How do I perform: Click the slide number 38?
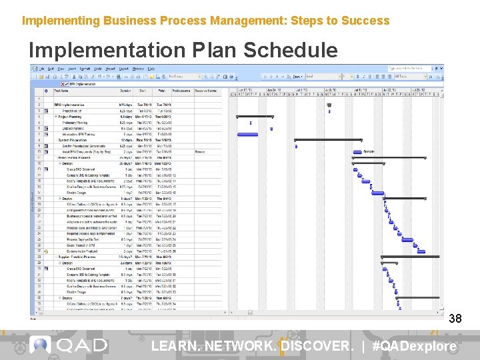(x=455, y=319)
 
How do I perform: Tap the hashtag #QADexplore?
(x=414, y=346)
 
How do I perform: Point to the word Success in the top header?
(x=365, y=21)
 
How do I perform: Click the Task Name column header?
(x=61, y=91)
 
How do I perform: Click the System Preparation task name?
(x=72, y=140)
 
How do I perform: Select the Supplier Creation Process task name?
(x=78, y=256)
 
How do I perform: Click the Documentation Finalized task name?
(x=83, y=251)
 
